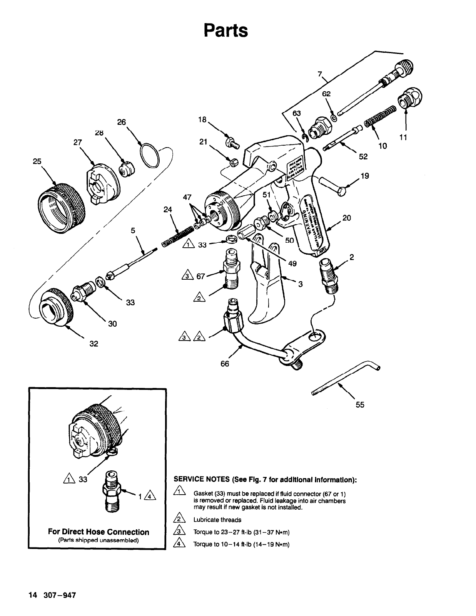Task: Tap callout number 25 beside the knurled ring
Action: tap(37, 161)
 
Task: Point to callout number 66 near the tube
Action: tap(225, 364)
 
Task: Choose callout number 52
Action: tap(363, 156)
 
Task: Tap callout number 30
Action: tap(112, 324)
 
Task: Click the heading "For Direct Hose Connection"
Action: tap(99, 532)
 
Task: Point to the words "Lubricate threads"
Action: tap(217, 520)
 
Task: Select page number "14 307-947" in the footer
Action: tap(52, 595)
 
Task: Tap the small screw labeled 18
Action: tap(232, 144)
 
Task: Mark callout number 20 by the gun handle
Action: tap(346, 218)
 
